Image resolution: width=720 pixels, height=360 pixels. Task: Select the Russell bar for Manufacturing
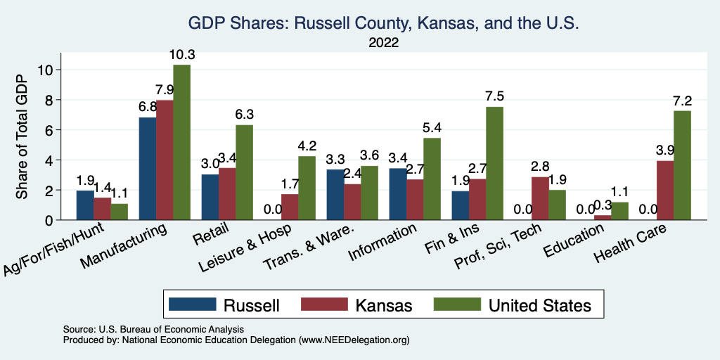(x=148, y=169)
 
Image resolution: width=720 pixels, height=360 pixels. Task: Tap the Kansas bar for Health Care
(x=664, y=191)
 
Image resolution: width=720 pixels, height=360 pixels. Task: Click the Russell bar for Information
(x=398, y=194)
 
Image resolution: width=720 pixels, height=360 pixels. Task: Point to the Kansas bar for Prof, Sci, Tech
(x=539, y=198)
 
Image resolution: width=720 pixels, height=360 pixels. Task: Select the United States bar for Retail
(x=244, y=172)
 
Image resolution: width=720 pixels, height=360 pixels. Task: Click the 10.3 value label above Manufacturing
(x=181, y=55)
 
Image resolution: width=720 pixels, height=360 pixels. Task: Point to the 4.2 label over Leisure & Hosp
(x=307, y=146)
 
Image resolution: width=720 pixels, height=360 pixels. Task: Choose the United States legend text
(x=540, y=305)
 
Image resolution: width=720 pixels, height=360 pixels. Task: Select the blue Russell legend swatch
(x=192, y=304)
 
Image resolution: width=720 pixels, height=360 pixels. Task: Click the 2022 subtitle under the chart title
(x=384, y=42)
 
